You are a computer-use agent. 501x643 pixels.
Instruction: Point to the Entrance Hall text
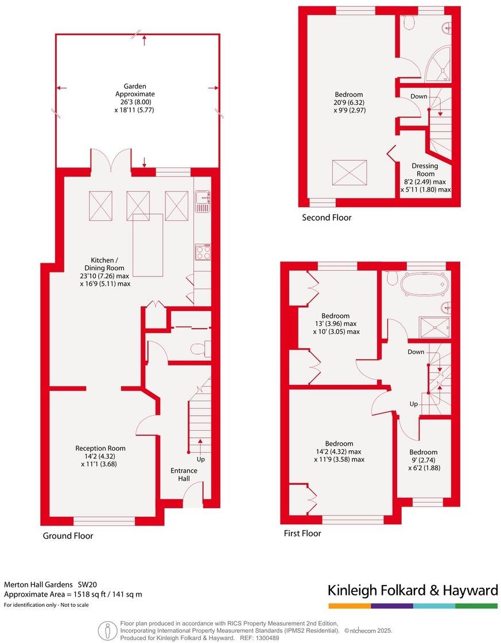(184, 475)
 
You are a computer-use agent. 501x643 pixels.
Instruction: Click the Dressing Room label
(425, 170)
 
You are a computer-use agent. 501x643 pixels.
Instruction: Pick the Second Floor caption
(327, 217)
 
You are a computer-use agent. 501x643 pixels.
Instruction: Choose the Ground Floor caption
(68, 536)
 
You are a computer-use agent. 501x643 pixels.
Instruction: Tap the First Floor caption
(302, 533)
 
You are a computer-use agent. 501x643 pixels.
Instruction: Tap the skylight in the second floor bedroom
(349, 173)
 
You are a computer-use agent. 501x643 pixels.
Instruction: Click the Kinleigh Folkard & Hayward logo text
(412, 590)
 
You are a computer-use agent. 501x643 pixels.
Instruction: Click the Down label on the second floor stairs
(419, 96)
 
